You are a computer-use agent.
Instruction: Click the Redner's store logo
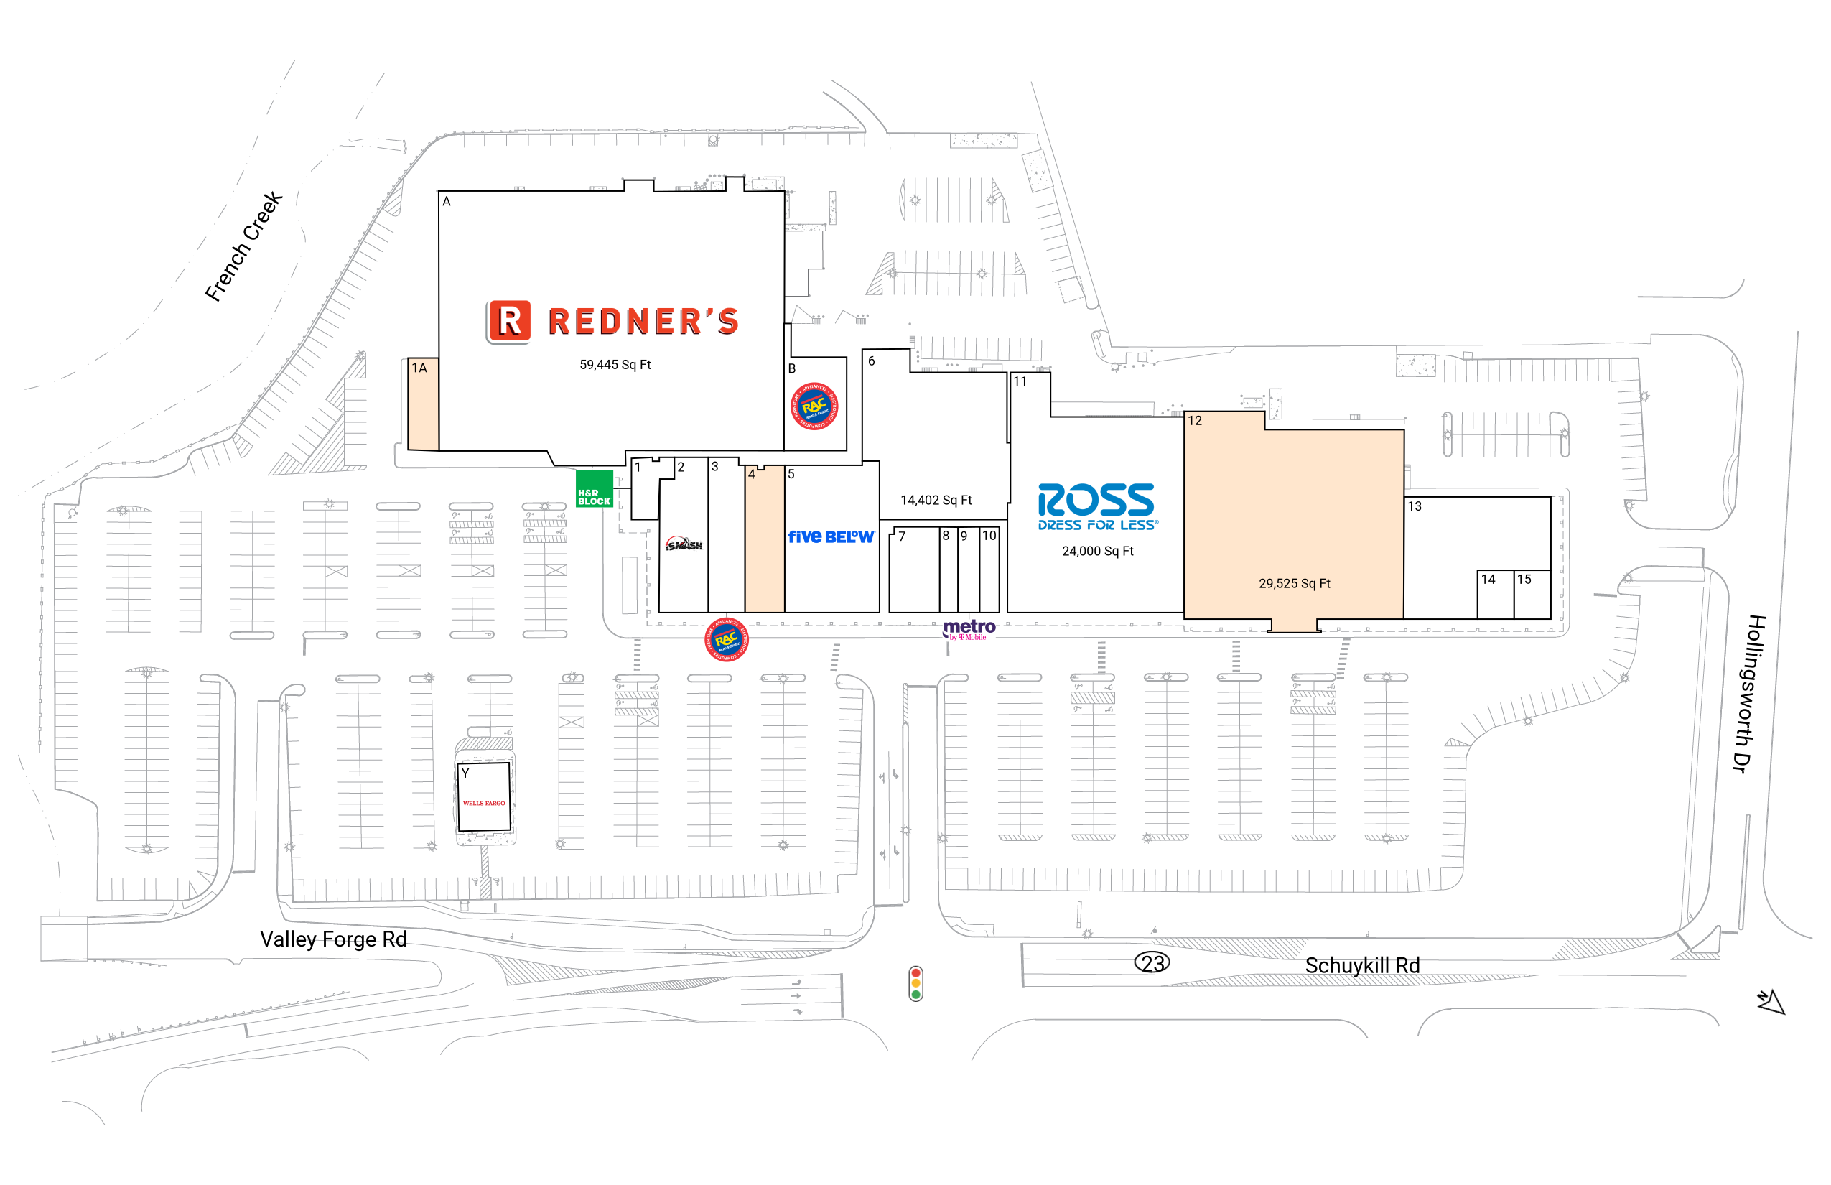pyautogui.click(x=613, y=321)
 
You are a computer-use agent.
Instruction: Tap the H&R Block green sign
pyautogui.click(x=594, y=489)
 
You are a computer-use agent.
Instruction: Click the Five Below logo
pyautogui.click(x=831, y=536)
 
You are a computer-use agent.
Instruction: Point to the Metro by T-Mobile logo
pyautogui.click(x=969, y=629)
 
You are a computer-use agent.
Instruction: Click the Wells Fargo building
pyautogui.click(x=484, y=796)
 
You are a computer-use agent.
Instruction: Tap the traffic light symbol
pyautogui.click(x=915, y=983)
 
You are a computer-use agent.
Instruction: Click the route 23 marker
pyautogui.click(x=1152, y=962)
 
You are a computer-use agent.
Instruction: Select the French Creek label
pyautogui.click(x=244, y=247)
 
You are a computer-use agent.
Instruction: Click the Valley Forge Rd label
pyautogui.click(x=333, y=939)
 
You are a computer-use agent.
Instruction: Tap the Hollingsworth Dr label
pyautogui.click(x=1749, y=693)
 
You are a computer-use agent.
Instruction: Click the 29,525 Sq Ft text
pyautogui.click(x=1294, y=583)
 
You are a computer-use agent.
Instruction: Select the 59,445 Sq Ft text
pyautogui.click(x=615, y=365)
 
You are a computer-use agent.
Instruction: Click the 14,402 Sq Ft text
pyautogui.click(x=936, y=500)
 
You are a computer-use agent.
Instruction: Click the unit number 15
pyautogui.click(x=1524, y=580)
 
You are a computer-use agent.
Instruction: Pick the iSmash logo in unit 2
pyautogui.click(x=684, y=545)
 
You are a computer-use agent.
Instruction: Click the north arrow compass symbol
pyautogui.click(x=1770, y=1001)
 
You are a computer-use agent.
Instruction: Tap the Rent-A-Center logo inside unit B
pyautogui.click(x=815, y=406)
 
